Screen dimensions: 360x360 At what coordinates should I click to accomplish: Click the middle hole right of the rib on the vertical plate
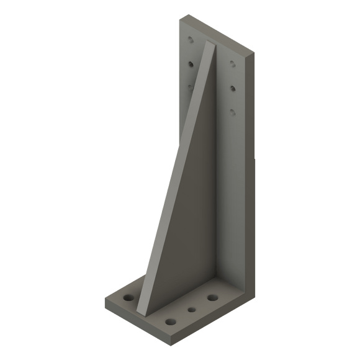click(232, 88)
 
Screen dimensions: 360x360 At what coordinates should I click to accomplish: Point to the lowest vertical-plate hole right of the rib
click(232, 112)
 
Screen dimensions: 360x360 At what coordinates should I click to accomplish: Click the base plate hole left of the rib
click(129, 299)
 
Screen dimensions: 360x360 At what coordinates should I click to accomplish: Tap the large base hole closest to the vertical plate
click(212, 298)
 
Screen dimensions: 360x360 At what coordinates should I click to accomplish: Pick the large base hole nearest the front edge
click(170, 322)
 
